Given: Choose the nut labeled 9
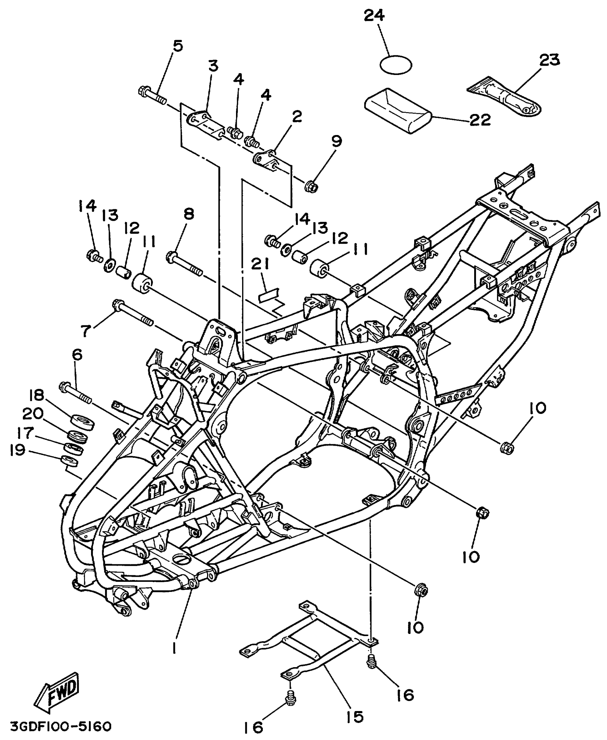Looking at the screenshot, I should [x=311, y=186].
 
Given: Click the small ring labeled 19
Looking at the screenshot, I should [x=70, y=461].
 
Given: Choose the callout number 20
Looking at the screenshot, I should [x=33, y=415].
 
